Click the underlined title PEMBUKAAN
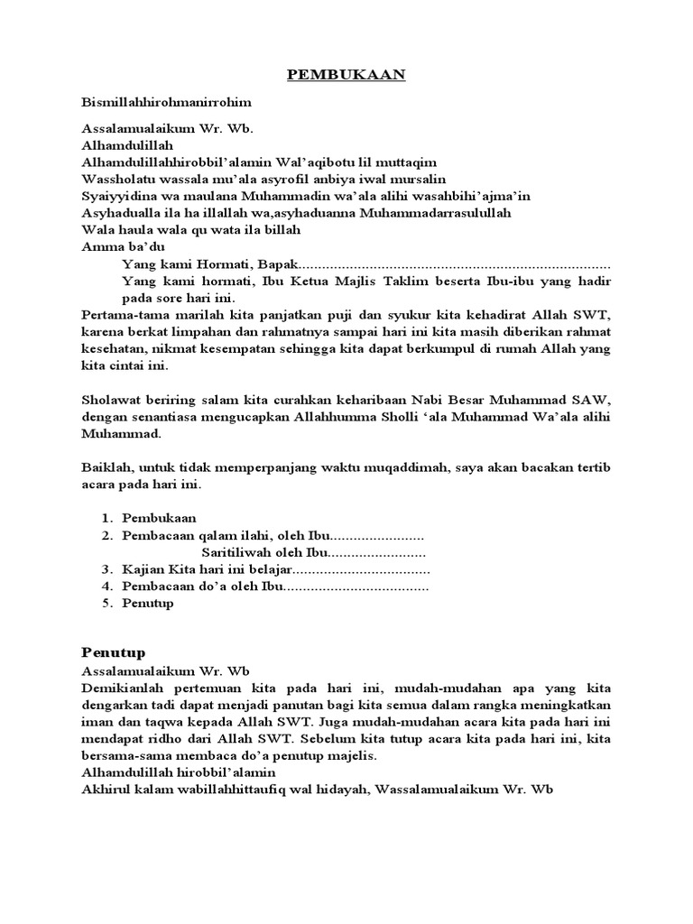coord(346,75)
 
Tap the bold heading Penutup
coord(113,651)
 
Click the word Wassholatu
coord(118,180)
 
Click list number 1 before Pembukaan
coord(106,519)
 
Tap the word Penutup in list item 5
coord(148,604)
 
